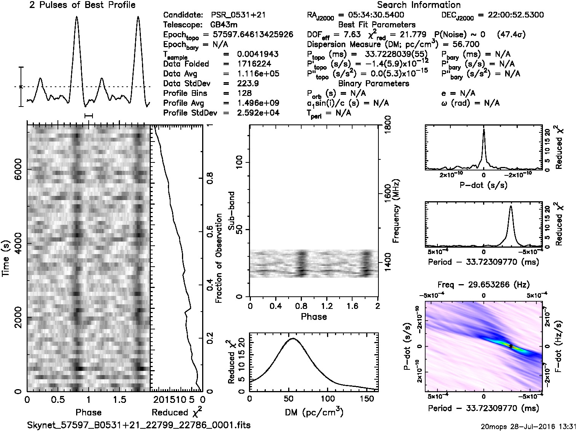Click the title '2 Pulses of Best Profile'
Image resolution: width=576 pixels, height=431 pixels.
[x=82, y=5]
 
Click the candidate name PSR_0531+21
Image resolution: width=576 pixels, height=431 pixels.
[x=238, y=15]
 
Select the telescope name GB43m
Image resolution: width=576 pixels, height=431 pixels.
[x=224, y=25]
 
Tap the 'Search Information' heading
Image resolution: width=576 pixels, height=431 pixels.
[x=419, y=5]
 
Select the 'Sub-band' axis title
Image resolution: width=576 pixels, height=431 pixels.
[x=231, y=211]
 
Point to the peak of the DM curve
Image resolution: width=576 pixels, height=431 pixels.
[x=292, y=338]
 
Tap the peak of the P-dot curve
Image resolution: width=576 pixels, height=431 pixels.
[x=483, y=129]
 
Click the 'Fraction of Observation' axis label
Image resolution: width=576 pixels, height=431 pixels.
[x=219, y=259]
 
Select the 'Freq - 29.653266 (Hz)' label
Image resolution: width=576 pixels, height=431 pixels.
[x=483, y=285]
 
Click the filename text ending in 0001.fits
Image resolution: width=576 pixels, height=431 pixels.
[x=139, y=425]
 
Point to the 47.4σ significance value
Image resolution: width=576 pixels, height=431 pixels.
[x=511, y=35]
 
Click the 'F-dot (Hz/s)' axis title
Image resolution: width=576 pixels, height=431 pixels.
[x=558, y=346]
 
